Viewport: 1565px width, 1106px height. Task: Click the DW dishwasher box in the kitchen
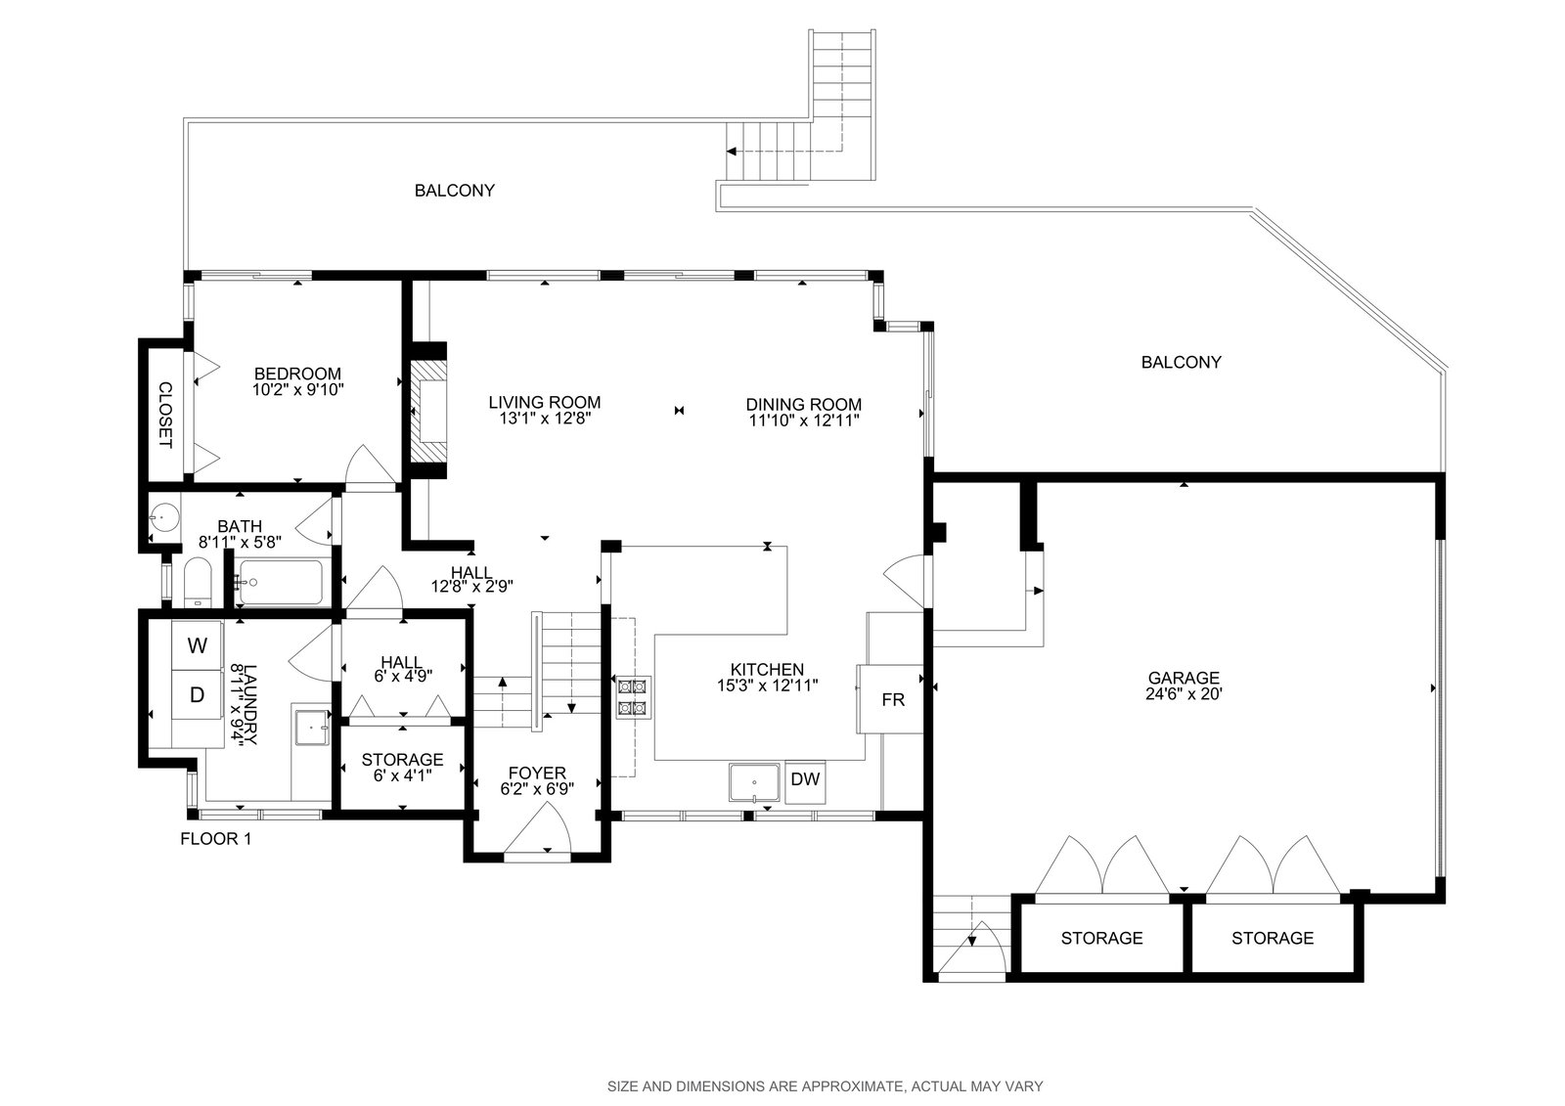tap(805, 781)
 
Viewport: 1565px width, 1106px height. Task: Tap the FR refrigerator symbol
tap(890, 698)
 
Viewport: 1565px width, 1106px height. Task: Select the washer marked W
tap(197, 645)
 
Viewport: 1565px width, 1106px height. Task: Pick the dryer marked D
tap(197, 694)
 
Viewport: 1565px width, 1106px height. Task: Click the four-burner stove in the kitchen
tap(633, 697)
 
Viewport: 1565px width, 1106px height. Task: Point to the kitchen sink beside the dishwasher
tap(754, 782)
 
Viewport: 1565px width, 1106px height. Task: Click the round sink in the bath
tap(164, 517)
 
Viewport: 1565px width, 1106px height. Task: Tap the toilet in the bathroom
tap(197, 582)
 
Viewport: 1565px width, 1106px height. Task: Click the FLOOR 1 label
tap(215, 839)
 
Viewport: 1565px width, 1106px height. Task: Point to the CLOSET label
tap(165, 415)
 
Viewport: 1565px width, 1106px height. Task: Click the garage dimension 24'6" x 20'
tap(1184, 693)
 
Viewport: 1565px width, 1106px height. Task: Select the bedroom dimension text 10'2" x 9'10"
tap(298, 390)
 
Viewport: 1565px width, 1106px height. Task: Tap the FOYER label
tap(537, 773)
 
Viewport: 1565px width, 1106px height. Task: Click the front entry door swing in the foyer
tap(538, 827)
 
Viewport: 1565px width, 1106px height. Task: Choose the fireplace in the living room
tap(427, 411)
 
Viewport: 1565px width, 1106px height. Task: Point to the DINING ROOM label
tap(803, 404)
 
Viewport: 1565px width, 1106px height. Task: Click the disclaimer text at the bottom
tap(826, 1086)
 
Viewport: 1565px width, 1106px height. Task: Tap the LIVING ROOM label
tap(544, 402)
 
